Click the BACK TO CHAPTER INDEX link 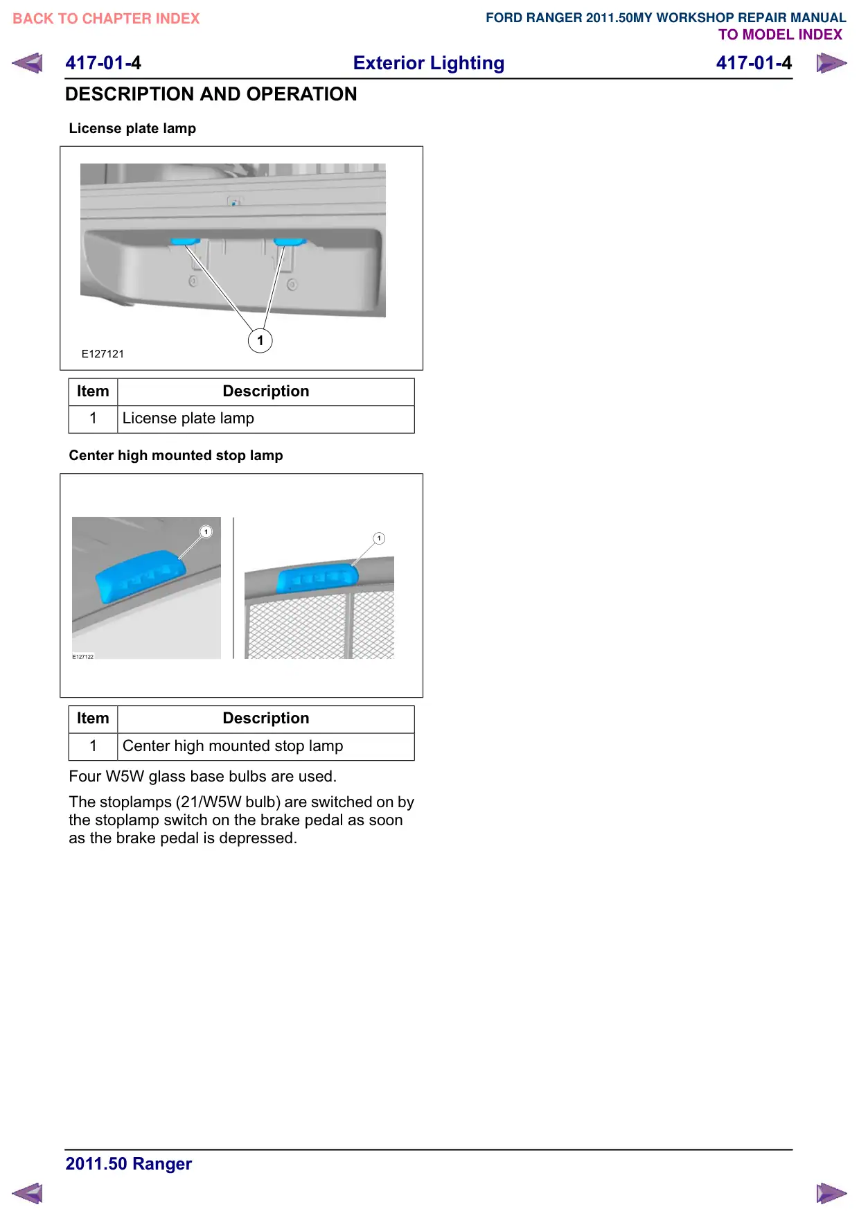pyautogui.click(x=106, y=19)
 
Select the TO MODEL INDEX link pyautogui.click(x=780, y=35)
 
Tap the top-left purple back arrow pyautogui.click(x=28, y=63)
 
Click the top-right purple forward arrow pyautogui.click(x=831, y=63)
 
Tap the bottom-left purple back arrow pyautogui.click(x=28, y=1193)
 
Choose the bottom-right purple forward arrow pyautogui.click(x=831, y=1193)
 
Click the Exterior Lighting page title pyautogui.click(x=429, y=63)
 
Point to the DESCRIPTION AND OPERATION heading pyautogui.click(x=211, y=94)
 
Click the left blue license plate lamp pyautogui.click(x=185, y=242)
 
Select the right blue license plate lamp pyautogui.click(x=290, y=242)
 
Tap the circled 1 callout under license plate pyautogui.click(x=260, y=340)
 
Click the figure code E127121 pyautogui.click(x=103, y=354)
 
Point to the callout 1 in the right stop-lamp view pyautogui.click(x=379, y=538)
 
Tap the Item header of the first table pyautogui.click(x=93, y=391)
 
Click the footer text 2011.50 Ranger pyautogui.click(x=129, y=1164)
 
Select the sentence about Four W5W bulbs pyautogui.click(x=203, y=777)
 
